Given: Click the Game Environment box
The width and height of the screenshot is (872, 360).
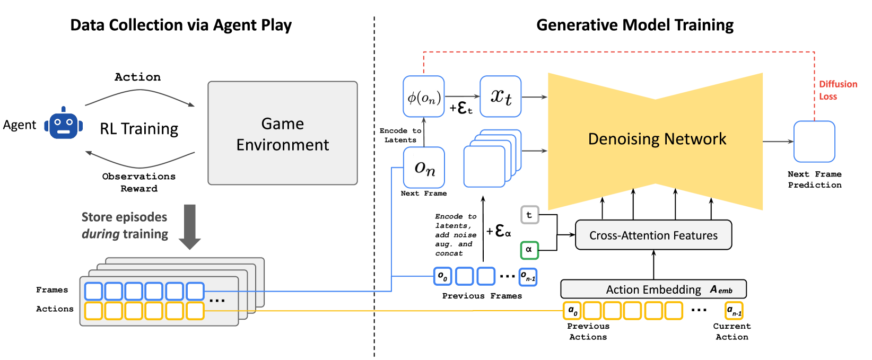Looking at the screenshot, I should pyautogui.click(x=282, y=133).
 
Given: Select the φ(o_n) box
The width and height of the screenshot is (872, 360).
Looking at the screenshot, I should pyautogui.click(x=423, y=96).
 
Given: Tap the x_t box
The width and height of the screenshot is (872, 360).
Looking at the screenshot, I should pyautogui.click(x=500, y=96).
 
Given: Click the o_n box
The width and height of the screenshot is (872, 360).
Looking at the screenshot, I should pyautogui.click(x=424, y=168).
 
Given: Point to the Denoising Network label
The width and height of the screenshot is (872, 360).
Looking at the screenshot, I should pyautogui.click(x=657, y=139).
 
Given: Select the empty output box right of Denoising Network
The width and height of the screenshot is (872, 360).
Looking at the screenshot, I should pyautogui.click(x=814, y=142).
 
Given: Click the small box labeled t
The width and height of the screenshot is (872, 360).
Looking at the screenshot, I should pyautogui.click(x=529, y=215).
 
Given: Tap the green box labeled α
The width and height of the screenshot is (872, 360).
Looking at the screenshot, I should pyautogui.click(x=529, y=250).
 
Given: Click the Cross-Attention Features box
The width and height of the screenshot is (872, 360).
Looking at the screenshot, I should pyautogui.click(x=653, y=235).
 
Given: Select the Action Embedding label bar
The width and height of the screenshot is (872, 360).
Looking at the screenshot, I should pyautogui.click(x=653, y=289).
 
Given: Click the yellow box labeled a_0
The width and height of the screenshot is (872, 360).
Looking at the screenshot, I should pyautogui.click(x=572, y=310).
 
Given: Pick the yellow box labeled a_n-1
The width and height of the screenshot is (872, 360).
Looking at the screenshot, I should pyautogui.click(x=734, y=310).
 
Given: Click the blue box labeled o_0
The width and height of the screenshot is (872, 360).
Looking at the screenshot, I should pyautogui.click(x=442, y=276).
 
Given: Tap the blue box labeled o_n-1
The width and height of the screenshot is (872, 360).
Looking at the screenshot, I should pyautogui.click(x=528, y=276).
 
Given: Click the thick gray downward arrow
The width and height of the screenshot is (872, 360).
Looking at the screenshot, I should pyautogui.click(x=189, y=226).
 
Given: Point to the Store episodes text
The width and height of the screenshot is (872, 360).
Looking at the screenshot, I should pyautogui.click(x=124, y=217).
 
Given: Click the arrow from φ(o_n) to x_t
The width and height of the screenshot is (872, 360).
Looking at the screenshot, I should pyautogui.click(x=461, y=96).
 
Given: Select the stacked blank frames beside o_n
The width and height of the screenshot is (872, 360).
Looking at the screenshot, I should pyautogui.click(x=491, y=159).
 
